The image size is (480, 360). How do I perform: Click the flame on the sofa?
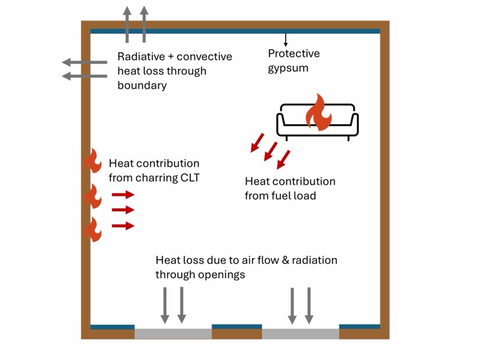pos(317,113)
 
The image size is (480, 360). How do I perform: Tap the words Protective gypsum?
pos(293,61)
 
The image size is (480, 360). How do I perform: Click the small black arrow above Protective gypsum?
pos(286,40)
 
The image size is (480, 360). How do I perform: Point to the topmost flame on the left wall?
pos(93,161)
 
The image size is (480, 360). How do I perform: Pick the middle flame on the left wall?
pos(92,196)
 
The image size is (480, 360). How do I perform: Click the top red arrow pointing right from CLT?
pos(123,194)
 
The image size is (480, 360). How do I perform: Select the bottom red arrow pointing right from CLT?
pos(123,226)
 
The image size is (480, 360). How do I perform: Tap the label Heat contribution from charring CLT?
pos(154,170)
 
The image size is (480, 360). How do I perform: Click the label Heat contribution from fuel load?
pos(290,188)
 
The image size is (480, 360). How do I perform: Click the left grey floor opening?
pos(173,334)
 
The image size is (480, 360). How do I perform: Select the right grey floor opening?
pos(300,334)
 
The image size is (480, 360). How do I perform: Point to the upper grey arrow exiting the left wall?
pos(85,62)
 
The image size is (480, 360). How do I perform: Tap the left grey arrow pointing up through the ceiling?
pos(127,24)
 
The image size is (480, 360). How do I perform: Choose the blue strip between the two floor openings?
pos(237,327)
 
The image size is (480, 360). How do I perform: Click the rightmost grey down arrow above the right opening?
pos(309,305)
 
